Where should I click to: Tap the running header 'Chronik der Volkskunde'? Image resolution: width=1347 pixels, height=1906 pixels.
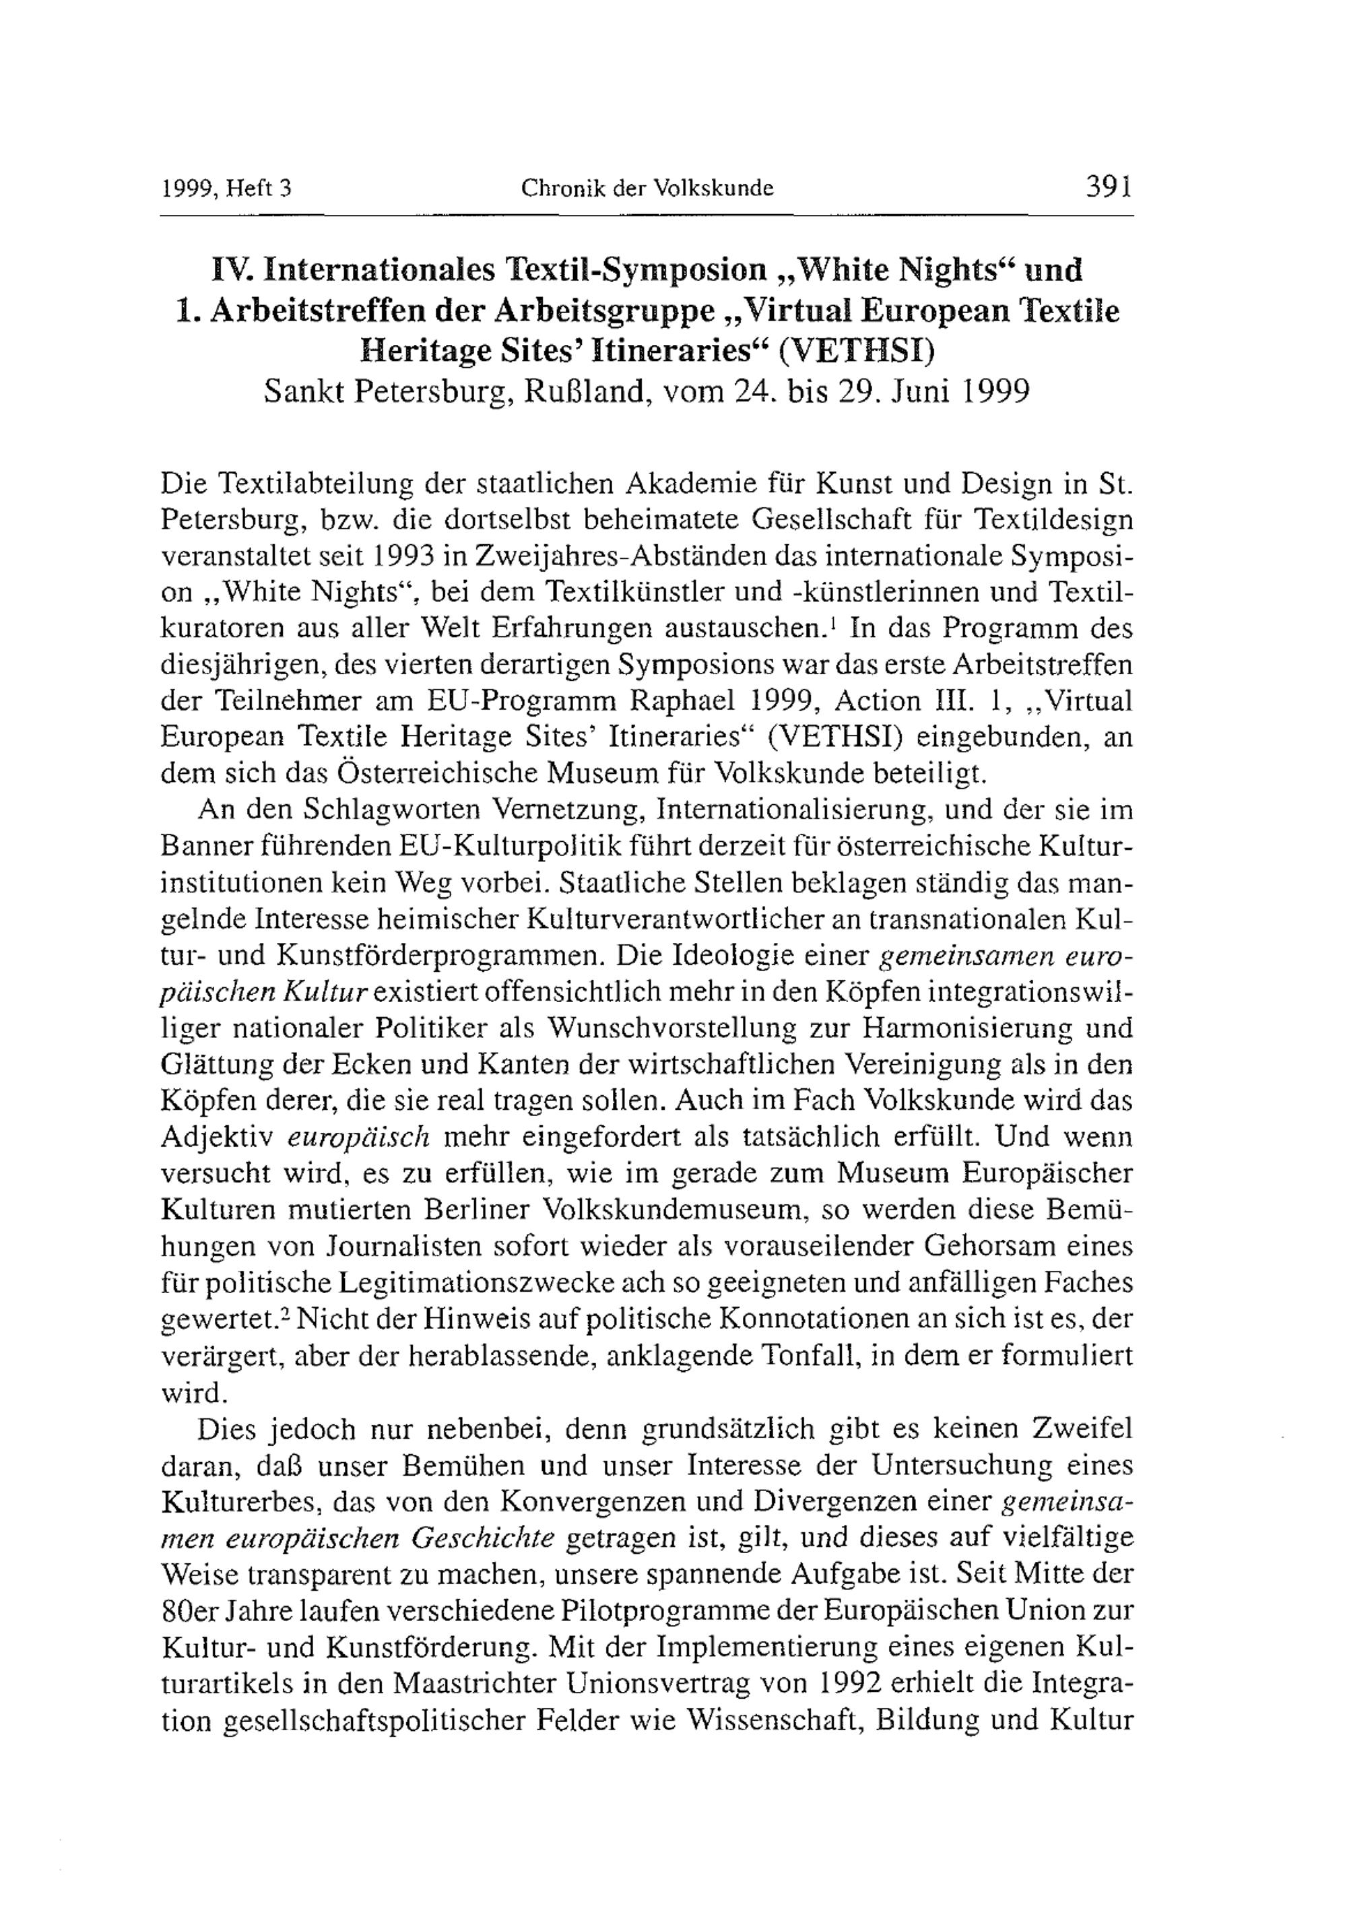(x=647, y=189)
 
